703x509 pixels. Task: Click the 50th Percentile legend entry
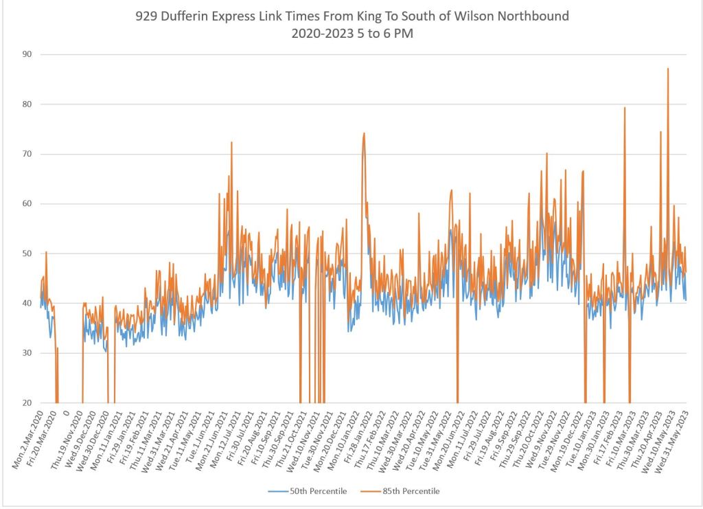(308, 491)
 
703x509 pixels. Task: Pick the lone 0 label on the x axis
(66, 414)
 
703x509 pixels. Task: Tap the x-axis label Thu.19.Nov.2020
(67, 431)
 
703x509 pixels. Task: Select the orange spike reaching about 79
(625, 108)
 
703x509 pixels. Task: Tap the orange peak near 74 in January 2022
(364, 134)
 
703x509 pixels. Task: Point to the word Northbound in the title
(534, 16)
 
